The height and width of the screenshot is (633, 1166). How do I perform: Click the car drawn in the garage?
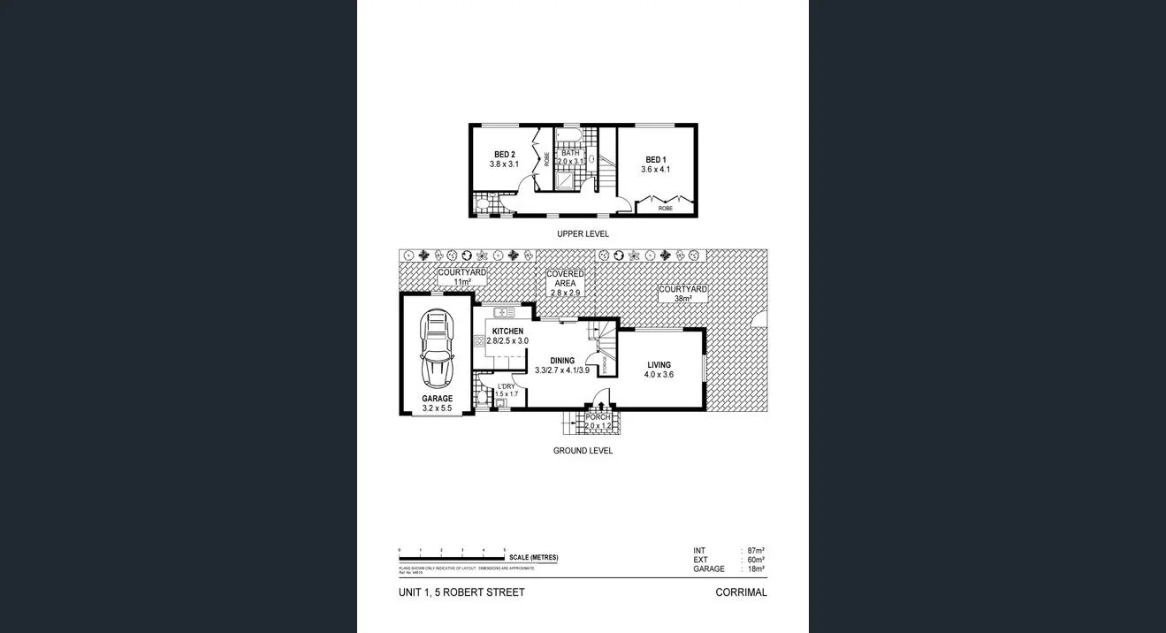click(x=437, y=350)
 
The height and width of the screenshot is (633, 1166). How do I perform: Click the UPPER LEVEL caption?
click(x=583, y=234)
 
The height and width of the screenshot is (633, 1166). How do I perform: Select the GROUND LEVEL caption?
click(x=583, y=451)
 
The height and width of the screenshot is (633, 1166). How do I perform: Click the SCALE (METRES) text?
click(x=533, y=558)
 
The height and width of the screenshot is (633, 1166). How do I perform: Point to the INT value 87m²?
click(x=756, y=551)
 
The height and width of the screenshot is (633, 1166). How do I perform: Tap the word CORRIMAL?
click(x=741, y=592)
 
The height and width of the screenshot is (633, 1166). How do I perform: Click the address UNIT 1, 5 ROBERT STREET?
click(x=461, y=592)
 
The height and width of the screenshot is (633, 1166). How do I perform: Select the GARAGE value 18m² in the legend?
click(x=756, y=569)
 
